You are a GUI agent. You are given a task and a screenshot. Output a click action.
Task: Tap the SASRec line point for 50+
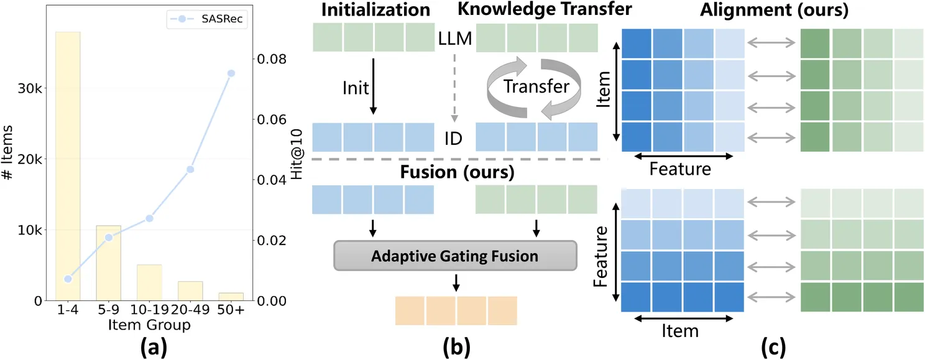(x=231, y=73)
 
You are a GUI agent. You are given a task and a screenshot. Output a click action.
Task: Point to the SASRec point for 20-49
(x=190, y=169)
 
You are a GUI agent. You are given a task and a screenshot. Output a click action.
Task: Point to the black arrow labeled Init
(x=373, y=86)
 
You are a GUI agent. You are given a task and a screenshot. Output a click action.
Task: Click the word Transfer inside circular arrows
(x=536, y=86)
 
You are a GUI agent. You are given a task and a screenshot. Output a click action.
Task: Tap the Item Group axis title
(x=150, y=325)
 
